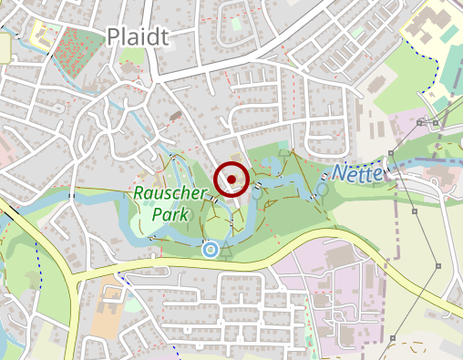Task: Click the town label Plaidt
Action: pos(139,36)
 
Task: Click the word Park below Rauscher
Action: pos(170,215)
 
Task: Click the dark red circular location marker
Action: pos(232,179)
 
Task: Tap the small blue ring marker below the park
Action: pos(211,248)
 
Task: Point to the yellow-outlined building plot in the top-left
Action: pos(44,34)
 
